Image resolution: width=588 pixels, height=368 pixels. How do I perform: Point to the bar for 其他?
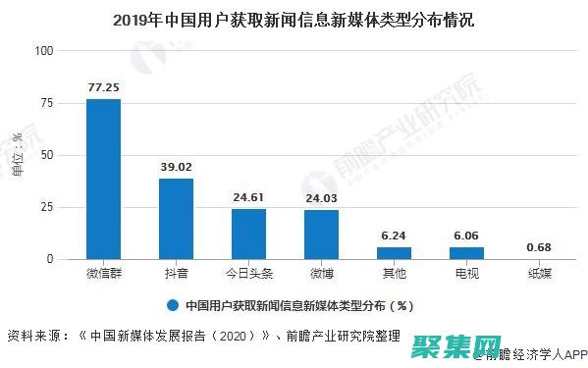coord(394,252)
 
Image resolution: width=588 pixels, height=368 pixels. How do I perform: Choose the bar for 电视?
coord(466,252)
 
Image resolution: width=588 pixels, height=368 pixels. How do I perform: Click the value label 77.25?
coord(103,87)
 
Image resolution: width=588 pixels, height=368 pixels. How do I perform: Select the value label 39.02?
coord(176,167)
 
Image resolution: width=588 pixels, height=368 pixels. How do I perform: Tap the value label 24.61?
coord(248,196)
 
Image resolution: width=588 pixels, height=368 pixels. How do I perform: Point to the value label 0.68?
coord(539,245)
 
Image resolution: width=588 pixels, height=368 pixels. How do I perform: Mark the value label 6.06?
coord(466,235)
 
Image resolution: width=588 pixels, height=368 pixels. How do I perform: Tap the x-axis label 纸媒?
coord(539,274)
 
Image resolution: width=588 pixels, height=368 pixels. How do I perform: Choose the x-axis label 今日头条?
coord(248,274)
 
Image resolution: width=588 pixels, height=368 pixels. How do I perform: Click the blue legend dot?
coord(172,304)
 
